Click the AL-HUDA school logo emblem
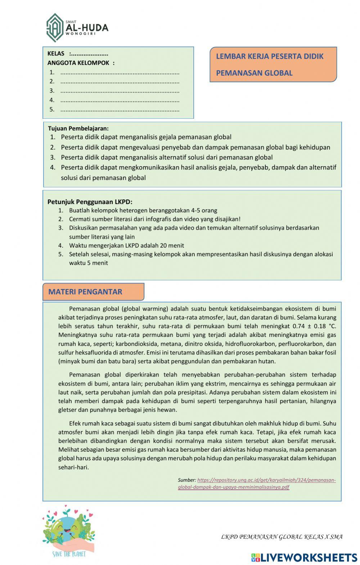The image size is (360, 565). pos(55,28)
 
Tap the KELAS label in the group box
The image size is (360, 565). pos(56,54)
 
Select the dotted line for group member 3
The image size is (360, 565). pos(120,91)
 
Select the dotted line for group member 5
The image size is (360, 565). pos(120,110)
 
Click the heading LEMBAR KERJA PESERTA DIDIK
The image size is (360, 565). pos(270,56)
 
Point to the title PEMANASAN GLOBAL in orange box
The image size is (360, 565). pos(254,73)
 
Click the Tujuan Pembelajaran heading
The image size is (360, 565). pos(78,128)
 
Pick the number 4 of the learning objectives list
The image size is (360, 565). pos(53,167)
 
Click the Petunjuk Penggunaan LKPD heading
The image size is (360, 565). pos(90,202)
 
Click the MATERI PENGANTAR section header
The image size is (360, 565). pos(85,292)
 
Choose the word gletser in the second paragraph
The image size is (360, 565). pos(67,410)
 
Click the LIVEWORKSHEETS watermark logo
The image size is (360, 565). pos(304,557)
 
